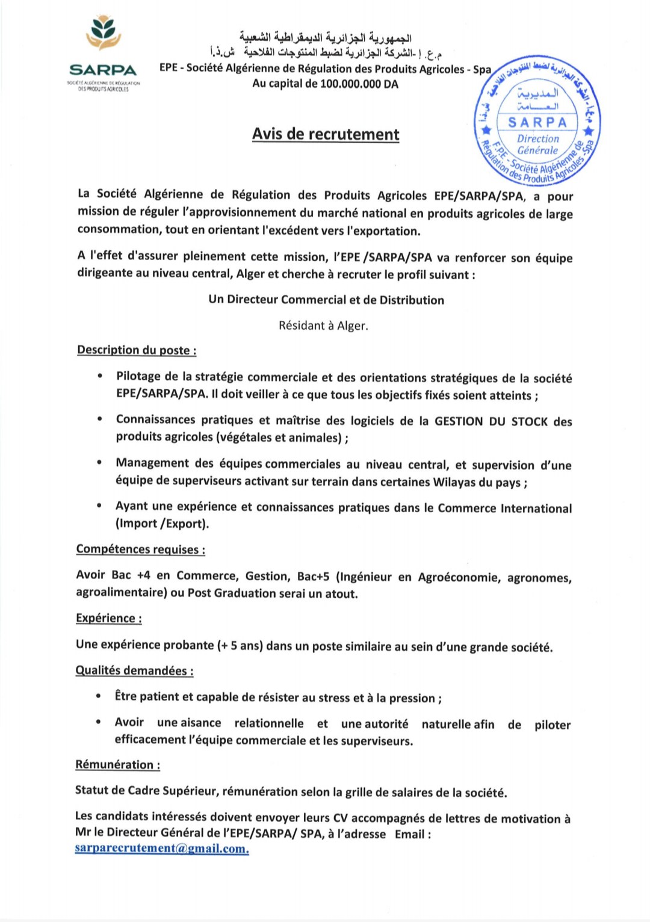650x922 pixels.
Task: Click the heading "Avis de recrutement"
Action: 326,134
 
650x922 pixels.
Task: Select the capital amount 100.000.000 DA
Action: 359,84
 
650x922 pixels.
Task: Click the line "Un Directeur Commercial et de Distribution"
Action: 326,300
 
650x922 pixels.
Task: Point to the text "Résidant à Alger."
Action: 323,326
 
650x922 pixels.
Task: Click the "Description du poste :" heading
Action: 137,350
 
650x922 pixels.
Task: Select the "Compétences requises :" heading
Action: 140,549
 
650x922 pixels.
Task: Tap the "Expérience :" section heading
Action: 109,618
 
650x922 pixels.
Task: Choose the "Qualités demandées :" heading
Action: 134,670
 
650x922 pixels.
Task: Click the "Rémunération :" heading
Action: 117,765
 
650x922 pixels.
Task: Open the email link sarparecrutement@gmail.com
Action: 162,849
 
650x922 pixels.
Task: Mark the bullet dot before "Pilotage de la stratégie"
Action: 100,376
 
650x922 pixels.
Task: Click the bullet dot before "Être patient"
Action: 98,696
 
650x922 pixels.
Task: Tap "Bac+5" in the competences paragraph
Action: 314,577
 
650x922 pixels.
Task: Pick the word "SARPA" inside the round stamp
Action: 537,123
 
